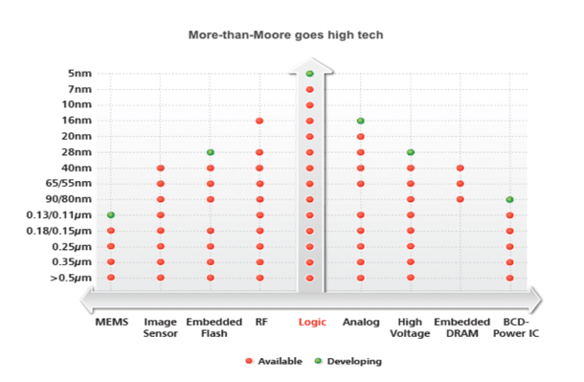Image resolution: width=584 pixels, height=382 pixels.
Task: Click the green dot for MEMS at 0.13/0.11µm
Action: coord(111,214)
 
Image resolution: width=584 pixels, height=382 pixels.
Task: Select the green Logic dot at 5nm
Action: coord(309,74)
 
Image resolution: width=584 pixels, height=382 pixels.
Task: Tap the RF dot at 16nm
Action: coord(259,121)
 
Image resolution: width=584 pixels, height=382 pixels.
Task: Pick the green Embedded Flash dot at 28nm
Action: coord(210,152)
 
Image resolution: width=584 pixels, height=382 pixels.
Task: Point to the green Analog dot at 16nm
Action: coord(360,121)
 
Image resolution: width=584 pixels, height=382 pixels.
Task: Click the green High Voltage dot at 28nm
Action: coord(410,152)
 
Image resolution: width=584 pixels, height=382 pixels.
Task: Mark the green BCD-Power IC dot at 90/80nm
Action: coord(509,199)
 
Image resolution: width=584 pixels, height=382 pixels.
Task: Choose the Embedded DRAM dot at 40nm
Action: coord(460,168)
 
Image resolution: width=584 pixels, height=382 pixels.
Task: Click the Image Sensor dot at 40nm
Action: coord(160,168)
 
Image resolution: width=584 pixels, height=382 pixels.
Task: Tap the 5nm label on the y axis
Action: coord(79,74)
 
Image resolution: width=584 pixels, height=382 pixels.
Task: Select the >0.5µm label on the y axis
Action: coord(73,278)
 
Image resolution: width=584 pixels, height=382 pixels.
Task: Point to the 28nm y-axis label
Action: coord(77,152)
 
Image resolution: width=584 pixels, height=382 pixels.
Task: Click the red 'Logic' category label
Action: coord(312,323)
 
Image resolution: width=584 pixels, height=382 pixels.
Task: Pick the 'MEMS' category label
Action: coord(111,323)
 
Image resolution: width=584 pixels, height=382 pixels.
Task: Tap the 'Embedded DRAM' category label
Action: coord(460,328)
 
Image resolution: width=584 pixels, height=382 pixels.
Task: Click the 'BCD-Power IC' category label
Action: coord(509,328)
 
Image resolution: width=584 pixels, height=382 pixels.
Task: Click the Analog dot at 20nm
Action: coord(360,136)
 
